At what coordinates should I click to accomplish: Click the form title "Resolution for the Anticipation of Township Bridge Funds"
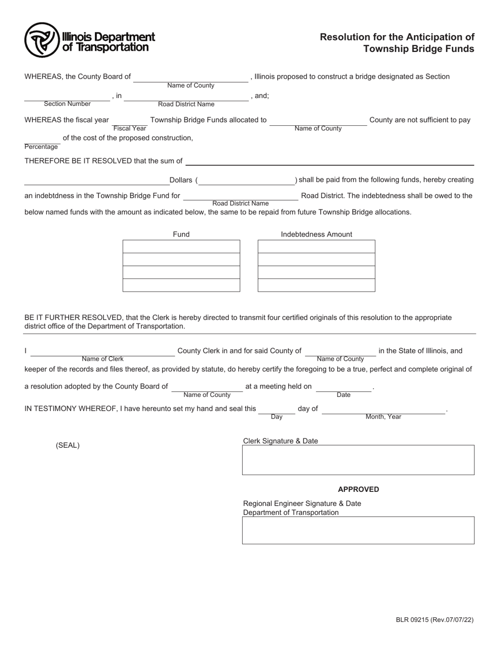coord(397,43)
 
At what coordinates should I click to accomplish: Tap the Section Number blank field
coord(67,96)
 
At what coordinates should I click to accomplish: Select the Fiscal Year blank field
coord(129,121)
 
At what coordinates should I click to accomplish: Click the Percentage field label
coord(41,147)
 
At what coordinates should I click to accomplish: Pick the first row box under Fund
coord(181,246)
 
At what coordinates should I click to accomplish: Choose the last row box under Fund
coord(181,285)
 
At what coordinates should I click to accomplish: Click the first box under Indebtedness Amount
coord(316,246)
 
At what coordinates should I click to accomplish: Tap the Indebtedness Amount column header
coord(316,234)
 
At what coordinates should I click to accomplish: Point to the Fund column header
coord(181,234)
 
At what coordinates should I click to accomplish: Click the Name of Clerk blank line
coord(103,352)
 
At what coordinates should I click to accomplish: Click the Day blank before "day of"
coord(276,410)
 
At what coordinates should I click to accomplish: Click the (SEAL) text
coord(68,446)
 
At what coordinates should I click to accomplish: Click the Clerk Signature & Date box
coord(358,460)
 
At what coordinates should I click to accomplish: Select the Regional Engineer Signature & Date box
coord(358,530)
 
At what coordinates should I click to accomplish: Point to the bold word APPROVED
coord(358,489)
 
